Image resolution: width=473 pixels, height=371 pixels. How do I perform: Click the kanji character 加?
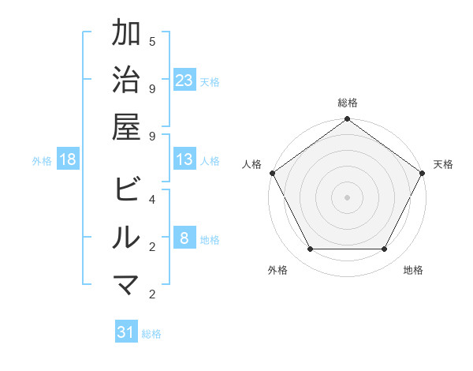click(x=127, y=34)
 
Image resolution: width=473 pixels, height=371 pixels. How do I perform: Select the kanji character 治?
click(x=127, y=81)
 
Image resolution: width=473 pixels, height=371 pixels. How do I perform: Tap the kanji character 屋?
click(x=127, y=127)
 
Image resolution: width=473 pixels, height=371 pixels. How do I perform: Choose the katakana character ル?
click(x=127, y=238)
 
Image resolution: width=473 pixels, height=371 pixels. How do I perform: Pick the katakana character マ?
click(x=127, y=284)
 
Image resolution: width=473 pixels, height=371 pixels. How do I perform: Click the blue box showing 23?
click(x=184, y=81)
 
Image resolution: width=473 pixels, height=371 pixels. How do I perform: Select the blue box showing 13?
click(x=184, y=159)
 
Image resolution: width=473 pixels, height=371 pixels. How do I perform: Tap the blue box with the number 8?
click(x=184, y=239)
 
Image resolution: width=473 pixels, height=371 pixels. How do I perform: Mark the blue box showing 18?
click(x=68, y=159)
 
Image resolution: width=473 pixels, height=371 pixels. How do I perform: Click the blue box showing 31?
click(x=126, y=332)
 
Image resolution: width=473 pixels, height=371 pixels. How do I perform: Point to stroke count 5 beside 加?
click(x=151, y=41)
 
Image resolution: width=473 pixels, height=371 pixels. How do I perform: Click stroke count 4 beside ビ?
click(x=151, y=199)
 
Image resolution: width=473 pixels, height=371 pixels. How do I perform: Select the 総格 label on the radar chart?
click(x=347, y=103)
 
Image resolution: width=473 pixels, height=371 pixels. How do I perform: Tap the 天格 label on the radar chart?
click(x=443, y=164)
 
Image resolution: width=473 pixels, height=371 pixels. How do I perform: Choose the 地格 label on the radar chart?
click(x=413, y=271)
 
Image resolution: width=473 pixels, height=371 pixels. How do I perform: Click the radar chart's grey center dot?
click(x=347, y=197)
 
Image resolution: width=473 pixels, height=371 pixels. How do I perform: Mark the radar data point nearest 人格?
click(x=272, y=173)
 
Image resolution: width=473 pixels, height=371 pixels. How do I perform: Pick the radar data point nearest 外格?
click(x=310, y=249)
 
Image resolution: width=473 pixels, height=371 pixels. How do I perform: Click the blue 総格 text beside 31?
click(x=151, y=334)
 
